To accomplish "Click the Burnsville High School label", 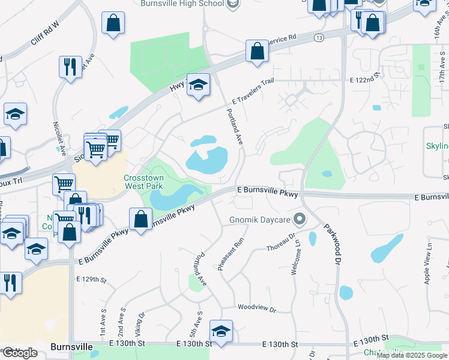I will tap(182, 4).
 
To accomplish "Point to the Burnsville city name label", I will tap(72, 347).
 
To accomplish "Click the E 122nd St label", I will tap(366, 79).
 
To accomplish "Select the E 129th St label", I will tap(91, 280).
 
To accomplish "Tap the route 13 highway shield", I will tap(318, 38).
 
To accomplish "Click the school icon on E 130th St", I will tap(221, 331).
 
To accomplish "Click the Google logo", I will tap(19, 353).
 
